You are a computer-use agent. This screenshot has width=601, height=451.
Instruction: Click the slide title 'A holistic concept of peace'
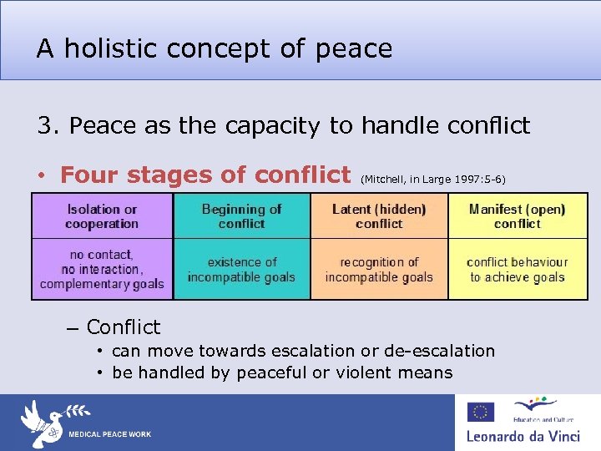[214, 48]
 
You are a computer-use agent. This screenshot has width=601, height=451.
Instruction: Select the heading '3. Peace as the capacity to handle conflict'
[283, 125]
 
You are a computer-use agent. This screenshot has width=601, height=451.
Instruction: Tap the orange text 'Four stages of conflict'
[205, 175]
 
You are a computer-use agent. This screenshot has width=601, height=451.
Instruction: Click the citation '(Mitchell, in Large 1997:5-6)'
[432, 179]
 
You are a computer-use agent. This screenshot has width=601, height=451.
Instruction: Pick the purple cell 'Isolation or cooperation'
[102, 216]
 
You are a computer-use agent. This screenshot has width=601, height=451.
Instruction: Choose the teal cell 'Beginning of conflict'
[241, 216]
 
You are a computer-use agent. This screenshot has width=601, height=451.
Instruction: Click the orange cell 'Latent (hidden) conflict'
[379, 216]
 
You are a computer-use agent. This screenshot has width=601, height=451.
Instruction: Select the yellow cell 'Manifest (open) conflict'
[518, 216]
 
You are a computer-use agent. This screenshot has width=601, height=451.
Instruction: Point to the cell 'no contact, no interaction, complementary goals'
[102, 269]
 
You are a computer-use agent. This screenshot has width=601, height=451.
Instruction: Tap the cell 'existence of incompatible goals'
[241, 269]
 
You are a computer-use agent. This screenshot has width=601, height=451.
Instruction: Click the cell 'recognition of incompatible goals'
[379, 269]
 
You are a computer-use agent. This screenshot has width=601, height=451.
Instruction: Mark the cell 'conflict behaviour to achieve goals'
[518, 269]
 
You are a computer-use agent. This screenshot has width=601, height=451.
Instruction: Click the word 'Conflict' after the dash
[124, 327]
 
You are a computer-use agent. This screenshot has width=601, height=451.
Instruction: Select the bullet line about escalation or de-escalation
[303, 351]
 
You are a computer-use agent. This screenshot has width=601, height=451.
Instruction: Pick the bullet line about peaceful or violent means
[282, 372]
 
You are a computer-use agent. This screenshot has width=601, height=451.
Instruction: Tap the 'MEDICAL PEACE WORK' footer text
[109, 434]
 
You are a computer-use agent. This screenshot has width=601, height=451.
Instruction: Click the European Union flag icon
[480, 412]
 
